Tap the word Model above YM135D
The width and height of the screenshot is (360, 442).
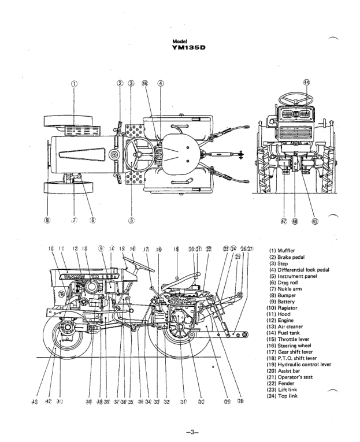180,41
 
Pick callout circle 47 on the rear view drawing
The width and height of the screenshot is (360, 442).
284,220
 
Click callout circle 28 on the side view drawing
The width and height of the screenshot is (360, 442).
239,400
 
